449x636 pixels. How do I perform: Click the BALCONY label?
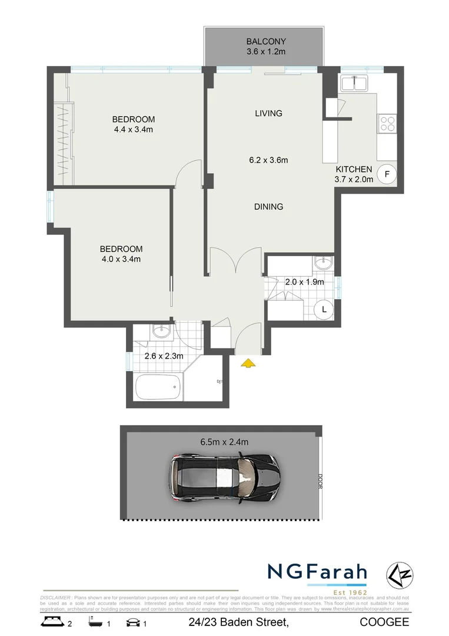(x=266, y=42)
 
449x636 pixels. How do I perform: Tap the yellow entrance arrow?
(x=249, y=363)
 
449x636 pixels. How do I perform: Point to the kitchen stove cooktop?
(x=387, y=123)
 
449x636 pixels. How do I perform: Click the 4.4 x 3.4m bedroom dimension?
(x=134, y=130)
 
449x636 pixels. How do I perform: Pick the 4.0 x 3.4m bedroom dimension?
(x=121, y=259)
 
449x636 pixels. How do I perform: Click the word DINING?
(x=269, y=207)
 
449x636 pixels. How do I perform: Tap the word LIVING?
(x=268, y=113)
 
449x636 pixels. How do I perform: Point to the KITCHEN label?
(x=354, y=170)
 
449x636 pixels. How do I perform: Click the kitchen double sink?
(x=355, y=84)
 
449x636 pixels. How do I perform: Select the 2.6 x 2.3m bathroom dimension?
(x=164, y=356)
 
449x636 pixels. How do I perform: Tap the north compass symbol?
(x=398, y=574)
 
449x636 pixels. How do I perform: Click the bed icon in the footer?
(x=52, y=622)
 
